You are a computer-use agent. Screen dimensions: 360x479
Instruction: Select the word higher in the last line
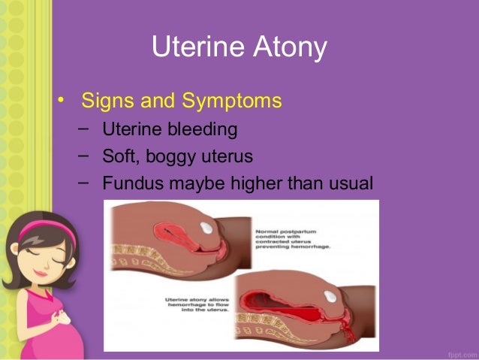click(262, 183)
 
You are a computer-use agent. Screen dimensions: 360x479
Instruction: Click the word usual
click(348, 183)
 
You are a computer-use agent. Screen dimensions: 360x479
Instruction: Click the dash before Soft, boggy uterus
click(83, 156)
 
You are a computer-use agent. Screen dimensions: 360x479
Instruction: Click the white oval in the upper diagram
click(208, 228)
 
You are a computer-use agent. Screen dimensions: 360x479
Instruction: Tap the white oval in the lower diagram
click(330, 298)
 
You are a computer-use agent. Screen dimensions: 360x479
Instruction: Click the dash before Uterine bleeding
click(83, 129)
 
